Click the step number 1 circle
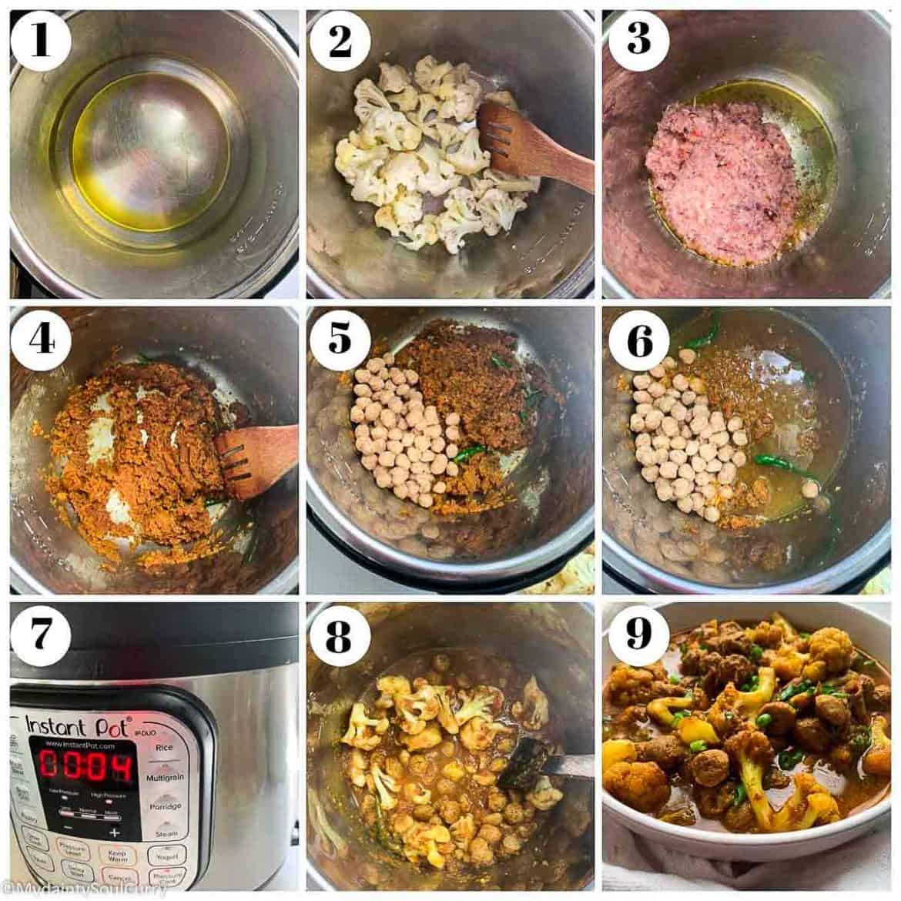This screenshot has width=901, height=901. (x=40, y=41)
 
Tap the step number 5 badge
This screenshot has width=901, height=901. (x=339, y=338)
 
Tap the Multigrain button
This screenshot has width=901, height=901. (x=165, y=778)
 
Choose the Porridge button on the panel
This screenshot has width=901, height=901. (x=165, y=806)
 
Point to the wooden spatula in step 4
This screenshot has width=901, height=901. (x=254, y=458)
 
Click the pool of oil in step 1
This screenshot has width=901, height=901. (x=150, y=146)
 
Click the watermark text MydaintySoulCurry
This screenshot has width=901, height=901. (x=85, y=889)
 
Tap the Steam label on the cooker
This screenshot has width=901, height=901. (x=166, y=834)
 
